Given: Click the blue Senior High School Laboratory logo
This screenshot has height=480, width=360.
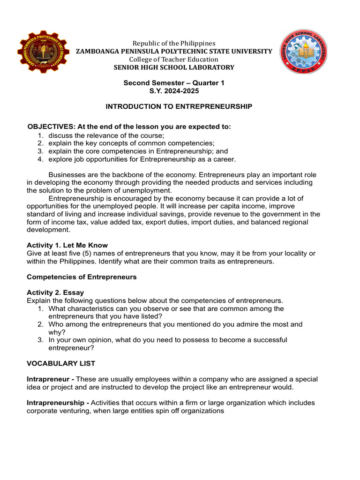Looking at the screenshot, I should (x=303, y=52).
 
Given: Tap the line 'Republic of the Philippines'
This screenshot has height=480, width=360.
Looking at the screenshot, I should (x=174, y=43).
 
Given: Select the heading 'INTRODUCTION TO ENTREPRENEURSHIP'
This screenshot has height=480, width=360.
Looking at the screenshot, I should (x=179, y=107).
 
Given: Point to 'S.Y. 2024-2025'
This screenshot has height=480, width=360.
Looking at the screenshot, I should (x=174, y=91).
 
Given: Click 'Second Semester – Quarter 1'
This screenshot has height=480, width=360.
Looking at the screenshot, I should (x=174, y=83).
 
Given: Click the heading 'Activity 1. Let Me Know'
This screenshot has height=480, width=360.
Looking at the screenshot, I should (x=67, y=245).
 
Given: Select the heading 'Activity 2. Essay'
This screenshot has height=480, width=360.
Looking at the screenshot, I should (x=55, y=292).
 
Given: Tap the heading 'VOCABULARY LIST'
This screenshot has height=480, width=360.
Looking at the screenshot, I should (x=61, y=363).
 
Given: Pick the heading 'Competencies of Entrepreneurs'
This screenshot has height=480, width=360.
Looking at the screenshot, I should (x=82, y=277).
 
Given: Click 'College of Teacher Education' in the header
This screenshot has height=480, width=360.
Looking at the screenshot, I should (x=174, y=60).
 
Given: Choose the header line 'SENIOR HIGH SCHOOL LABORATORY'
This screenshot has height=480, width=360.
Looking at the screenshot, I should (x=174, y=67).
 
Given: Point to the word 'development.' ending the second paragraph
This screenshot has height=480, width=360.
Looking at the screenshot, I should (x=48, y=230).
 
